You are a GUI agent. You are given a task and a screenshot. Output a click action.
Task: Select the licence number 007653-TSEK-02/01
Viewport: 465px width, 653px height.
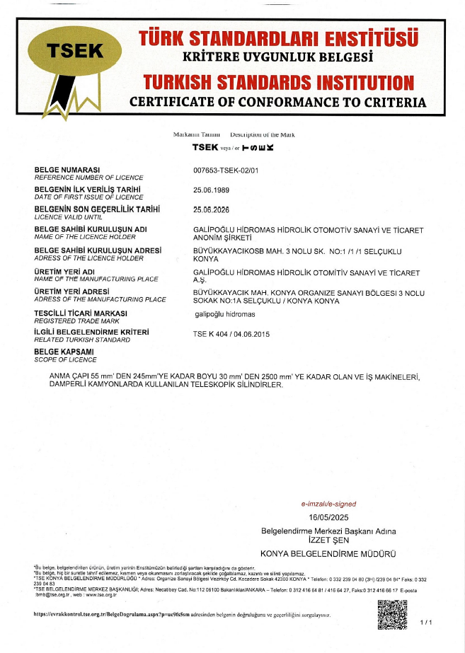pyautogui.click(x=226, y=171)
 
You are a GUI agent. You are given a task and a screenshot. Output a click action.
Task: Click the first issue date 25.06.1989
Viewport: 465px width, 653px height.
pyautogui.click(x=211, y=190)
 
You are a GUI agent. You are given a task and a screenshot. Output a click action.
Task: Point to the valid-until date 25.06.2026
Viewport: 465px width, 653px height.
pyautogui.click(x=211, y=209)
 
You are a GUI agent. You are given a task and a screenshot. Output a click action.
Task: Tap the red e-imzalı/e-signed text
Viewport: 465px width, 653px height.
pyautogui.click(x=328, y=504)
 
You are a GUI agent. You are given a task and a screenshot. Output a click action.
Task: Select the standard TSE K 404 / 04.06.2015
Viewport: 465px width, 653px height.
pyautogui.click(x=231, y=333)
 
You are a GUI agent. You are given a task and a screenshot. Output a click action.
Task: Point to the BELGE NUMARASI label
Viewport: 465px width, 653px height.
pyautogui.click(x=67, y=170)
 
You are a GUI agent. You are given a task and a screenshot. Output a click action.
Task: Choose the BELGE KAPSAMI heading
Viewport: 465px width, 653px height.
pyautogui.click(x=64, y=350)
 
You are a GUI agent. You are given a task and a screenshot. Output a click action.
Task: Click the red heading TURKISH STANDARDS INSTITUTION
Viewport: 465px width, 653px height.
pyautogui.click(x=277, y=81)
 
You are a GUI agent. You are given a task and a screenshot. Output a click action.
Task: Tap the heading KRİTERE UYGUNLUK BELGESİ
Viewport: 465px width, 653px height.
pyautogui.click(x=277, y=57)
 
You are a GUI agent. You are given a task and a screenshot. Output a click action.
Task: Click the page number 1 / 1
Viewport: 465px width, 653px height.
pyautogui.click(x=425, y=622)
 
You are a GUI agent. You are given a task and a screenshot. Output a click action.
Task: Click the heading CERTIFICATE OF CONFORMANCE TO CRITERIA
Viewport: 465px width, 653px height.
pyautogui.click(x=277, y=102)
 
